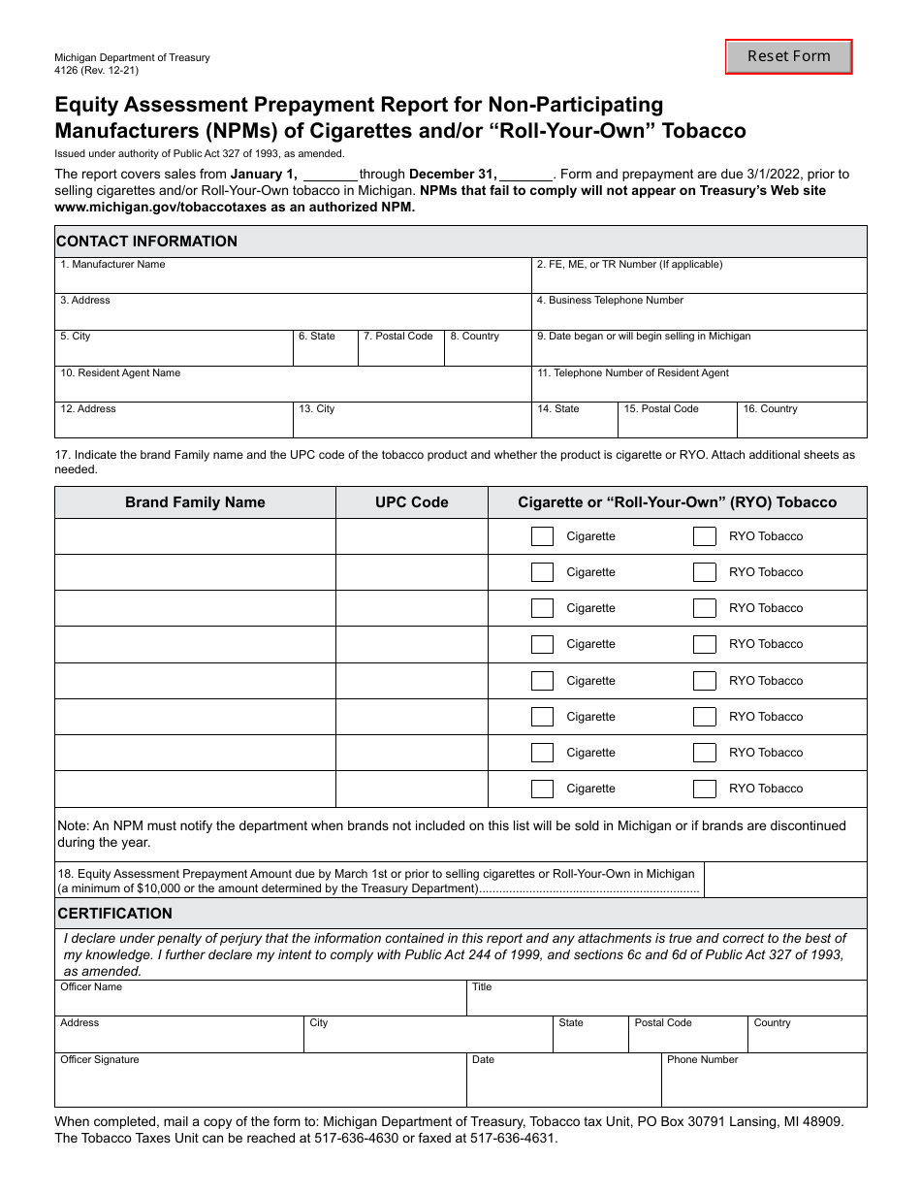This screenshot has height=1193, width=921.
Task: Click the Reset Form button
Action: [x=788, y=56]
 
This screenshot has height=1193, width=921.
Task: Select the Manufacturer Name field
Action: [x=293, y=280]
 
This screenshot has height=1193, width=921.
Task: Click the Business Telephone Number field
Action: [x=698, y=316]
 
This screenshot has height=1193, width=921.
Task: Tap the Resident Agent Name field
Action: [x=293, y=389]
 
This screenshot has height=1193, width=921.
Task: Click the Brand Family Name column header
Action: [x=195, y=502]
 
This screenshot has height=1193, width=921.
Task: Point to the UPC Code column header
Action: [x=412, y=502]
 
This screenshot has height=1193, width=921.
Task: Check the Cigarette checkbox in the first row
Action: [x=543, y=536]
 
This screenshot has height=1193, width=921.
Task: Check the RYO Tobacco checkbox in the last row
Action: [x=705, y=789]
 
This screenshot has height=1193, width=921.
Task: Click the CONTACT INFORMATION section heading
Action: [x=147, y=242]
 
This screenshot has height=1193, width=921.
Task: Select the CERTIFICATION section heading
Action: [x=115, y=914]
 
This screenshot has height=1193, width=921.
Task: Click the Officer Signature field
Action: [x=260, y=1086]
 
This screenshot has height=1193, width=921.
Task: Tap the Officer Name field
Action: [x=260, y=1003]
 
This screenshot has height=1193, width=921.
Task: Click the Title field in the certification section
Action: [x=666, y=1003]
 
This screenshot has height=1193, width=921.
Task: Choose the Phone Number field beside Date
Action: [x=763, y=1086]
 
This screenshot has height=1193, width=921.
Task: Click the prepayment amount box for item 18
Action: [x=784, y=880]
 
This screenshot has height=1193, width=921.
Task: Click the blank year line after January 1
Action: [x=330, y=176]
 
